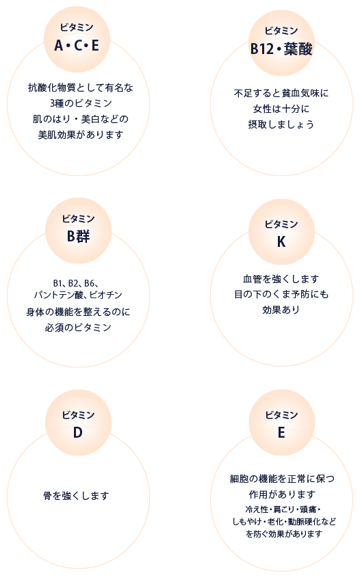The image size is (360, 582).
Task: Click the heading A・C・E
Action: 77,46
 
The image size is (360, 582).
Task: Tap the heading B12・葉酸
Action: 281,49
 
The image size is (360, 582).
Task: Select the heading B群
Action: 79,236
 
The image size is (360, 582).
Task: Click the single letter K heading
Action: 281,241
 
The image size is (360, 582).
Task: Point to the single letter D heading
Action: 77,432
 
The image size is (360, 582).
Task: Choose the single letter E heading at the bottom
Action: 281,432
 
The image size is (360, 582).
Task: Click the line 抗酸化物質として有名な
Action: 81,88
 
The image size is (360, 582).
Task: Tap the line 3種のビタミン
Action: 81,103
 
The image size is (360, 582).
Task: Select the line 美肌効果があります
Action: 81,134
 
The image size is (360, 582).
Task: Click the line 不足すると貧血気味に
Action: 281,93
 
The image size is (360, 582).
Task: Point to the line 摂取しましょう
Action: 281,124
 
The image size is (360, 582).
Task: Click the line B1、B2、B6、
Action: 76,284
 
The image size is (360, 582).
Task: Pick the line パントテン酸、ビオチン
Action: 78,295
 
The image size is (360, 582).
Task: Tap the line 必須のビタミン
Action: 78,328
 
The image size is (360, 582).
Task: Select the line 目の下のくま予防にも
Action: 281,294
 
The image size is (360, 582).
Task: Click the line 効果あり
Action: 281,310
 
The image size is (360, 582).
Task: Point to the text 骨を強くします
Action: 76,496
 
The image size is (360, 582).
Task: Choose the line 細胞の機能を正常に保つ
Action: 283,479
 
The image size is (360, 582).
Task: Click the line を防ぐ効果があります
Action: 284,533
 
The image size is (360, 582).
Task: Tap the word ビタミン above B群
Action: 79,219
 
